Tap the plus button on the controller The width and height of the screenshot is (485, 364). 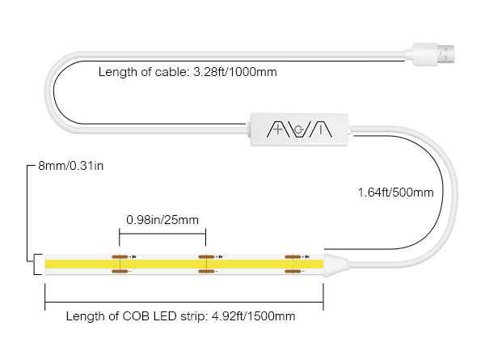(x=277, y=129)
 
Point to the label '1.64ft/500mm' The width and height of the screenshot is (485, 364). (x=395, y=193)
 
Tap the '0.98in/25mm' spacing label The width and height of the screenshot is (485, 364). (x=162, y=218)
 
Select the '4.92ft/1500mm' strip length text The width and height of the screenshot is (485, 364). (x=253, y=316)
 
